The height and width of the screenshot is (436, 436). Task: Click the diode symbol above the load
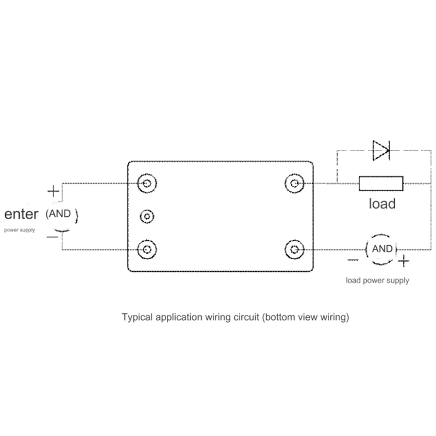[x=381, y=151]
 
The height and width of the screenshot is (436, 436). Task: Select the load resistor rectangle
[x=381, y=184]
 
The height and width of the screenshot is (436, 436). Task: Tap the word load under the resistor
[x=382, y=203]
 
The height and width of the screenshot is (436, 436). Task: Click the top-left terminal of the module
[x=148, y=184]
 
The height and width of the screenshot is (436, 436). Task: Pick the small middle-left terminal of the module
[x=148, y=217]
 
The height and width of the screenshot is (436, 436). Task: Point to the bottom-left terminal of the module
[x=148, y=250]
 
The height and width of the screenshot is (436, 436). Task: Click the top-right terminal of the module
[x=295, y=184]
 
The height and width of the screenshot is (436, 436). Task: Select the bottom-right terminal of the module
[x=295, y=250]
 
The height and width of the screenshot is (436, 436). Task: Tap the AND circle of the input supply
[x=61, y=214]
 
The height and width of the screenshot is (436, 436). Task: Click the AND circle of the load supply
[x=382, y=249]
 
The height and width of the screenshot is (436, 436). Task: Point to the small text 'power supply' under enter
[x=20, y=230]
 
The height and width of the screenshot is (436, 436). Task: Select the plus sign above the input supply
[x=53, y=191]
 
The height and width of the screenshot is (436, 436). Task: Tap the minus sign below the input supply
[x=52, y=237]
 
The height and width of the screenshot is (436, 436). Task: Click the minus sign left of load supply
[x=352, y=261]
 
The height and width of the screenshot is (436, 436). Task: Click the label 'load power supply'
[x=377, y=281]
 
